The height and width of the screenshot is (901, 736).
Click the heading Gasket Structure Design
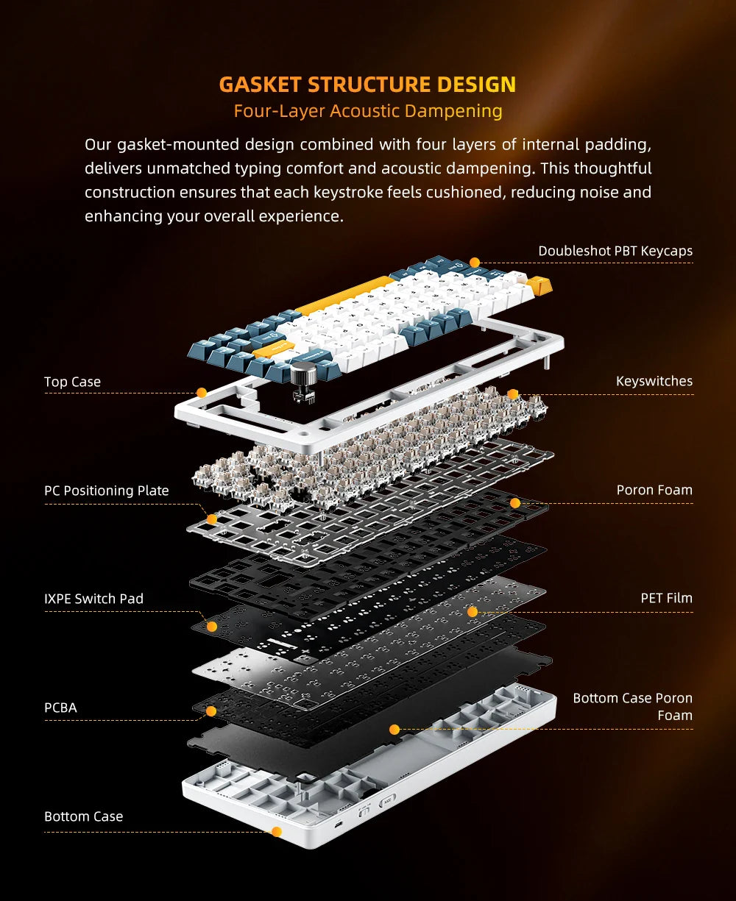[x=367, y=84]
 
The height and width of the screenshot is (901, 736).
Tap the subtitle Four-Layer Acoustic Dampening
[x=367, y=111]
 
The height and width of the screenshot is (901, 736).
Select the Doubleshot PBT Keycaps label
[x=615, y=251]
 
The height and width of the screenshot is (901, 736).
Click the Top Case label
[x=72, y=382]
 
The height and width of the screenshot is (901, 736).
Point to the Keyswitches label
[x=654, y=381]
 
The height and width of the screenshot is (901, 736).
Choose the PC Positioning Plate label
[x=106, y=491]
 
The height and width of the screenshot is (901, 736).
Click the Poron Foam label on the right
[x=654, y=490]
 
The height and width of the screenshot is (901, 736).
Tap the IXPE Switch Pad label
[x=93, y=599]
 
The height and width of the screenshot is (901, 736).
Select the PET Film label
[x=666, y=598]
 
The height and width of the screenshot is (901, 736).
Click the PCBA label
[x=60, y=708]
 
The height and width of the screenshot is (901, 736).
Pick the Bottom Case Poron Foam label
[x=632, y=706]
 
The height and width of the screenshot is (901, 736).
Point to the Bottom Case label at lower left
[x=83, y=816]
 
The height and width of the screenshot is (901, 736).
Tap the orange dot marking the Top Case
[x=201, y=393]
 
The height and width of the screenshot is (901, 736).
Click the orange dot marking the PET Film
[x=473, y=611]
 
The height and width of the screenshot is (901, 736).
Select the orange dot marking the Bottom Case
[x=277, y=832]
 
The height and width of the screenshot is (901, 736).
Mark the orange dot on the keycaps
[x=475, y=263]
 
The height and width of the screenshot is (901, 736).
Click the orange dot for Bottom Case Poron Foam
[x=394, y=730]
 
